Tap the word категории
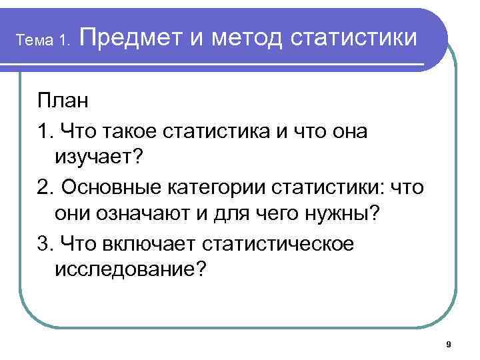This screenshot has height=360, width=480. (219, 188)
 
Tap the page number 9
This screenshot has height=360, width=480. (448, 344)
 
